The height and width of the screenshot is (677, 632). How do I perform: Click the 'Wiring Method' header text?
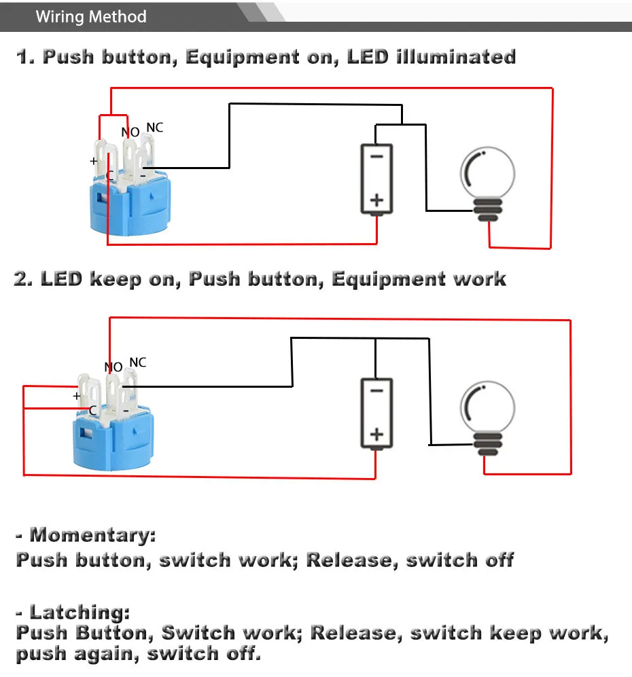[x=90, y=16]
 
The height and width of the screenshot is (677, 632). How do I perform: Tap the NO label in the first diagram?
[x=130, y=132]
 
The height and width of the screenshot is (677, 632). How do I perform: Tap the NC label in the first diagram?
[x=155, y=128]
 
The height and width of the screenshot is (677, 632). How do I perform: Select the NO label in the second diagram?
[x=113, y=367]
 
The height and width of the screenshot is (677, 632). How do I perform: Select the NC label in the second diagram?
[x=138, y=363]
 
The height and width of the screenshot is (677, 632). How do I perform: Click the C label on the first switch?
[x=109, y=177]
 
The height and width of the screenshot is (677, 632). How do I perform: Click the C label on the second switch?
[x=93, y=410]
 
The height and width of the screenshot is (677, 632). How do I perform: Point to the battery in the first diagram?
[x=376, y=179]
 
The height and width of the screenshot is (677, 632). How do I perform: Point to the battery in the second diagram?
[x=376, y=414]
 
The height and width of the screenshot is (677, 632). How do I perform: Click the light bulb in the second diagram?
[x=488, y=416]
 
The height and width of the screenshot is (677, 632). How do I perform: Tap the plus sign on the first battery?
[x=376, y=200]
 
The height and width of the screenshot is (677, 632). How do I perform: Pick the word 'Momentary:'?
[x=92, y=535]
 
